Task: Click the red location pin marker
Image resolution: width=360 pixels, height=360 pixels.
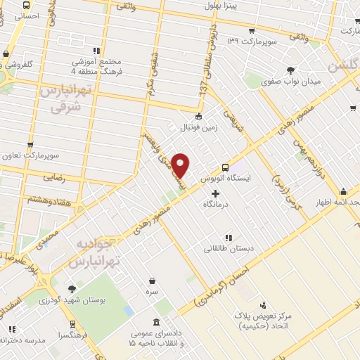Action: click(x=181, y=165)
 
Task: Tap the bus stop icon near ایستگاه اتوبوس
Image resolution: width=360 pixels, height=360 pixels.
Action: click(x=225, y=168)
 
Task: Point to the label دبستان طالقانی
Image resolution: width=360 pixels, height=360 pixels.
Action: click(x=226, y=248)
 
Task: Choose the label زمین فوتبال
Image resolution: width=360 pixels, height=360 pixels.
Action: click(x=199, y=128)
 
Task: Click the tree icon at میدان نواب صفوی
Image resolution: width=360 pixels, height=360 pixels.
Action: click(x=290, y=70)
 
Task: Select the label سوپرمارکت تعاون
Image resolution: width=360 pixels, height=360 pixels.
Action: click(x=30, y=155)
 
